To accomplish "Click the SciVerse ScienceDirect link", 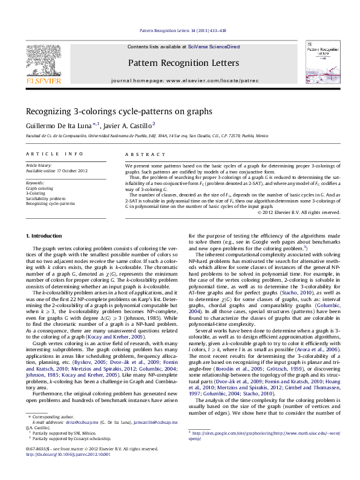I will [214, 47].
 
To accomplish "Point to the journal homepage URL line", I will [180, 80].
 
